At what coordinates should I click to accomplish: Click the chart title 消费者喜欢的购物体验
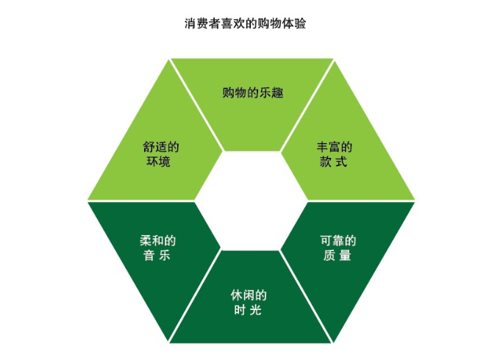[x=245, y=24]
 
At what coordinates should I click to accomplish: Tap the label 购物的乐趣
[x=253, y=93]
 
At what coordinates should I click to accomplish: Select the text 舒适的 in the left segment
[x=161, y=147]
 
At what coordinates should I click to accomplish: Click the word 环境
[x=158, y=162]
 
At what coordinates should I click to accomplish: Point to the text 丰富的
[x=335, y=147]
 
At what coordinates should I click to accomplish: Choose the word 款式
[x=333, y=162]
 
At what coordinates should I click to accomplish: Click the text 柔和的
[x=158, y=241]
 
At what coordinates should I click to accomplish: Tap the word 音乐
[x=157, y=256]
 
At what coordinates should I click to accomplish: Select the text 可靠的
[x=338, y=241]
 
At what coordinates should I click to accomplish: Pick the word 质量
[x=337, y=256]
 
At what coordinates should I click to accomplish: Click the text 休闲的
[x=249, y=295]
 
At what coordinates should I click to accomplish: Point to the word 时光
[x=248, y=310]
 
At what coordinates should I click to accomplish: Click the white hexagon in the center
[x=251, y=201]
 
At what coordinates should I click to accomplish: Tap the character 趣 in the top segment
[x=278, y=93]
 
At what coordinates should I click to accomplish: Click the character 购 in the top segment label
[x=228, y=93]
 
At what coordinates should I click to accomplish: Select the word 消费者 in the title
[x=202, y=24]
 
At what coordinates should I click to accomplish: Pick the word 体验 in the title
[x=294, y=24]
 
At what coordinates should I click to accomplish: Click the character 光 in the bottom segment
[x=256, y=310]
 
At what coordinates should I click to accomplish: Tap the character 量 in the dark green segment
[x=345, y=256]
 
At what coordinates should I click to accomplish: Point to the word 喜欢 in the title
[x=233, y=24]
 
